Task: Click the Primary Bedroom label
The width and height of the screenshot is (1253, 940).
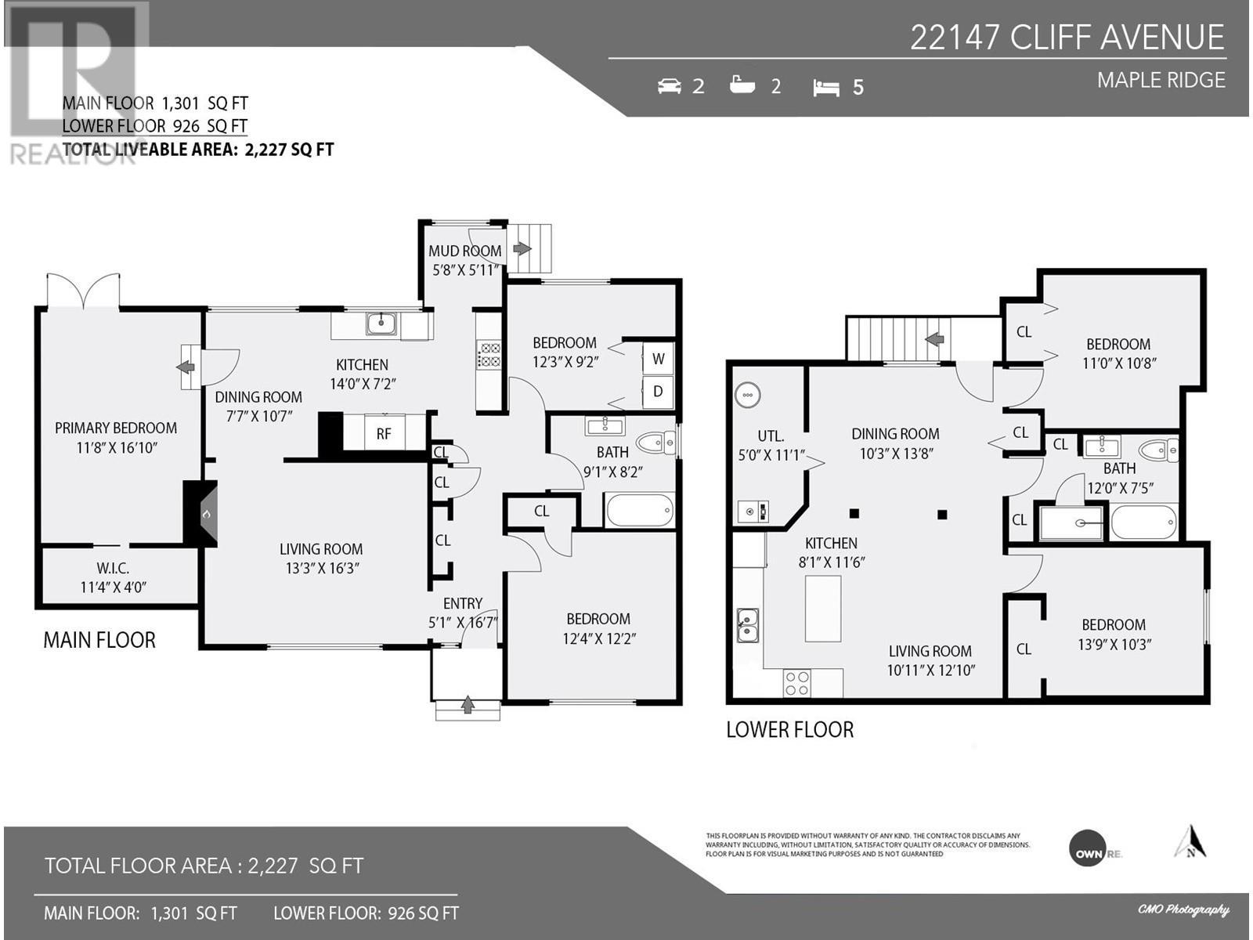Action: [116, 428]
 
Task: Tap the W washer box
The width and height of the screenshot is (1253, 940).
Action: [658, 359]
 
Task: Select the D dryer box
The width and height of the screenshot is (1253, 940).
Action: [658, 391]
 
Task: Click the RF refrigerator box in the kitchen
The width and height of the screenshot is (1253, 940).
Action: [383, 433]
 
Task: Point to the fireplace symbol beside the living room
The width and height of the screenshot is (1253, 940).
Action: [206, 514]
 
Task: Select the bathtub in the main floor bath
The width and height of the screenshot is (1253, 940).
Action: [639, 512]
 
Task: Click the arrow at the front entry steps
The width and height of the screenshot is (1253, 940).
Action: [468, 706]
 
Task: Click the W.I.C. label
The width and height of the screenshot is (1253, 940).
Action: [113, 568]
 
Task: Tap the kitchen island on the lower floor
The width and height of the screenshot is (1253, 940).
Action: [822, 609]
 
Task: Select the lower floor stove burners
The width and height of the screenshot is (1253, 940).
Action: [797, 683]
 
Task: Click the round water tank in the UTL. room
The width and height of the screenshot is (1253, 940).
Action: [747, 395]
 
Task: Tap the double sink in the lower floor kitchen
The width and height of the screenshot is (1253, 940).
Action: [747, 625]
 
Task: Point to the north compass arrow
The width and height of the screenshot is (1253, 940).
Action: [1190, 842]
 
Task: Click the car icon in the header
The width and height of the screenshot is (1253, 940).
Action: [670, 86]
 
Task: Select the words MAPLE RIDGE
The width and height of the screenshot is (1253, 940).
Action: [1161, 80]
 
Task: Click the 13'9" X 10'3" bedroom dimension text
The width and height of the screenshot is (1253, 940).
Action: [1113, 645]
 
